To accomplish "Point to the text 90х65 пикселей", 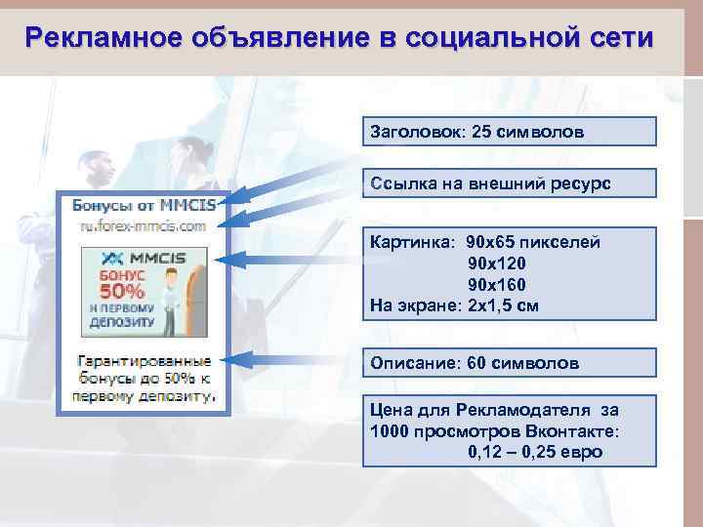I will pyautogui.click(x=534, y=242).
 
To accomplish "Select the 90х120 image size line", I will pyautogui.click(x=497, y=263).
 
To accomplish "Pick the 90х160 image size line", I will pyautogui.click(x=497, y=285).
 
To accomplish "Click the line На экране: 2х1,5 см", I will pyautogui.click(x=454, y=305).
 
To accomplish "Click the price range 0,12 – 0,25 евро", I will pyautogui.click(x=536, y=452).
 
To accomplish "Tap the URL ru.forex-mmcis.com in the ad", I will pyautogui.click(x=144, y=225).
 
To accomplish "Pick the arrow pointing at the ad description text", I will pyautogui.click(x=293, y=359).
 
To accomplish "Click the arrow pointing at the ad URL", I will pyautogui.click(x=293, y=202).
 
